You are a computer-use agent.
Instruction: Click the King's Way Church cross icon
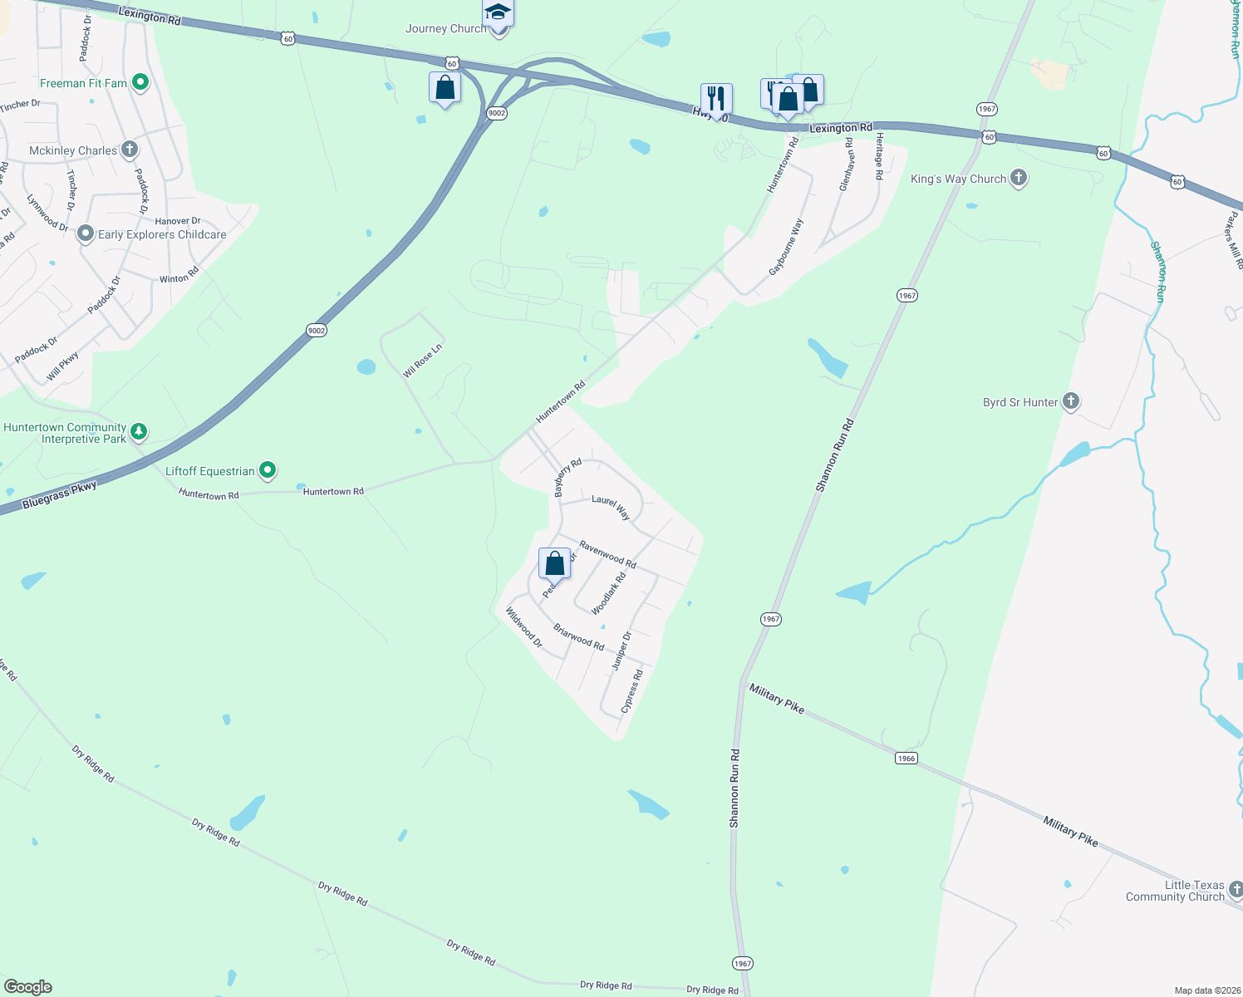click(x=1019, y=178)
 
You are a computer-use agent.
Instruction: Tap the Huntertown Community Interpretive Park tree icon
click(x=139, y=431)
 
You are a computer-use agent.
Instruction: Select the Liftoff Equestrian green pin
click(x=267, y=471)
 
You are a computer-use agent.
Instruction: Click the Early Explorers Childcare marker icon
click(x=86, y=233)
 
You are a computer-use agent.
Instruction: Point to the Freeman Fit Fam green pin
click(x=140, y=82)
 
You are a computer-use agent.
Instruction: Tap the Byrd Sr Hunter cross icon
click(x=1071, y=402)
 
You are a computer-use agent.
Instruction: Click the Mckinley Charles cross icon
click(x=129, y=150)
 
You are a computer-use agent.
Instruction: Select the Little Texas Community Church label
click(x=1175, y=891)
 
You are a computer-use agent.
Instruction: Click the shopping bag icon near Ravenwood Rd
click(x=555, y=563)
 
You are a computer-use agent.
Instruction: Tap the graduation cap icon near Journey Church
click(x=498, y=12)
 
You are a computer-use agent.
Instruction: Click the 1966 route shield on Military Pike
click(x=906, y=758)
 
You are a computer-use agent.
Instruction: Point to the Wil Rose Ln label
click(x=422, y=360)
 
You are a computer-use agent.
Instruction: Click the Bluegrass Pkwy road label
click(x=59, y=495)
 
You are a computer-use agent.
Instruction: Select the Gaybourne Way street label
click(x=786, y=248)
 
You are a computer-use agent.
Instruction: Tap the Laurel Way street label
click(x=611, y=507)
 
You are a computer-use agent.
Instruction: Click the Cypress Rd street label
click(x=632, y=691)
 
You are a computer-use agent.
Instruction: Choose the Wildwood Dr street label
click(x=524, y=627)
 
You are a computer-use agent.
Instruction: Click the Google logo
click(x=27, y=987)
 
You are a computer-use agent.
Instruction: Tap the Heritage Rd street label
click(x=878, y=156)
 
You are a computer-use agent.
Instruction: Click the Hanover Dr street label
click(x=178, y=221)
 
